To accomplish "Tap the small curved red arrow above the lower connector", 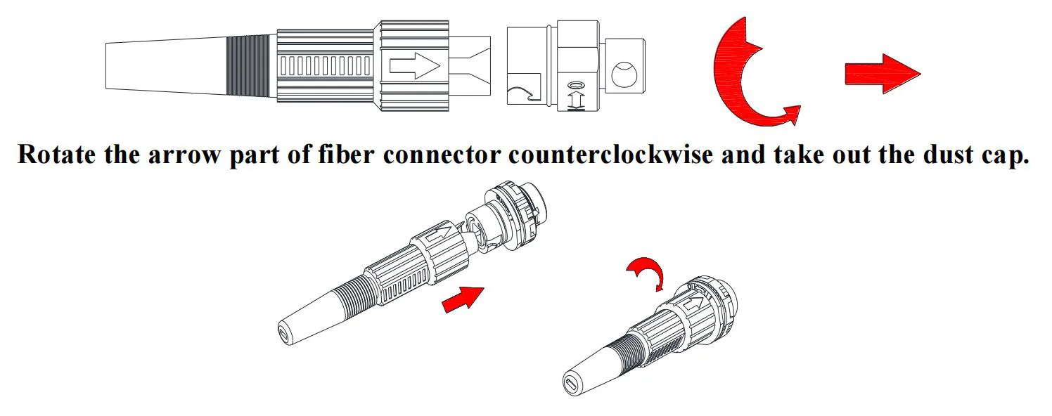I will click(x=645, y=271).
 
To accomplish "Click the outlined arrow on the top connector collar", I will click(x=414, y=66).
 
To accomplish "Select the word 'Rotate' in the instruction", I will click(x=56, y=154).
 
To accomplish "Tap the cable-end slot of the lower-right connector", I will click(x=571, y=384).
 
